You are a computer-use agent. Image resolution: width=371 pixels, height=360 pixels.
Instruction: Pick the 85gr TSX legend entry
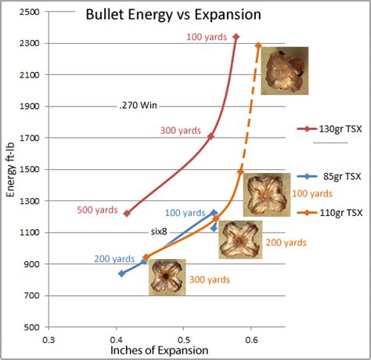(341, 177)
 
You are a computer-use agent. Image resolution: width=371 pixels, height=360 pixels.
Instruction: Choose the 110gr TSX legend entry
(340, 212)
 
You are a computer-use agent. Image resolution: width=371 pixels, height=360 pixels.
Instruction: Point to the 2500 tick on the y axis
(31, 13)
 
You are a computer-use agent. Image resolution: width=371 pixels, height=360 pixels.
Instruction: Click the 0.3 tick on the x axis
(49, 340)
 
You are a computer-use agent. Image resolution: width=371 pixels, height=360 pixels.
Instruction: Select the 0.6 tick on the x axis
(251, 340)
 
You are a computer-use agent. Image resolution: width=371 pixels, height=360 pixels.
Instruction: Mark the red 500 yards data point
(127, 213)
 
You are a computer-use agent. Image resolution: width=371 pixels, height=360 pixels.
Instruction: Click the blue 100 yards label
(185, 213)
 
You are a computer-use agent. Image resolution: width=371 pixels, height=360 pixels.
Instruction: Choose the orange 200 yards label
(285, 243)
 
